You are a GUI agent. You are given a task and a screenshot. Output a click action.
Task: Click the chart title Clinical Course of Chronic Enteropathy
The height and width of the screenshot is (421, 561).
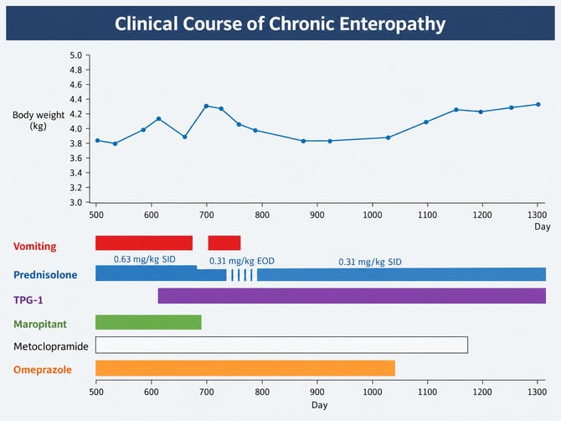280,24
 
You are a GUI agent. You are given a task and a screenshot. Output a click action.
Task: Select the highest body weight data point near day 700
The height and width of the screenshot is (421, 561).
206,106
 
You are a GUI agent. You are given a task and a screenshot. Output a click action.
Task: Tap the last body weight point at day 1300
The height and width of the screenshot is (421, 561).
538,105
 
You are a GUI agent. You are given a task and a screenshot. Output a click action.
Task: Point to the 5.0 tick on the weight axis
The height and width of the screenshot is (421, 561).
76,55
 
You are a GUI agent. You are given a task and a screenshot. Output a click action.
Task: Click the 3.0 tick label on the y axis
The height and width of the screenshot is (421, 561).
76,202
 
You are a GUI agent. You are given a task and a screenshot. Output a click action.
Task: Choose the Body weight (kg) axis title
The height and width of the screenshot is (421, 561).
39,121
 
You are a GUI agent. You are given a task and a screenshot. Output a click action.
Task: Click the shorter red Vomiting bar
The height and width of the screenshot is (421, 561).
224,243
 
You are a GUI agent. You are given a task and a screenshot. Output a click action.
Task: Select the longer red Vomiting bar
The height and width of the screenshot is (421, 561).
144,243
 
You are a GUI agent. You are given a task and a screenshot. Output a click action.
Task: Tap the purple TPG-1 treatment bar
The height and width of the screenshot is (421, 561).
352,295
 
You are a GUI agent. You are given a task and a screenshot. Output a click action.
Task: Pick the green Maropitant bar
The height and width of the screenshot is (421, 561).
148,323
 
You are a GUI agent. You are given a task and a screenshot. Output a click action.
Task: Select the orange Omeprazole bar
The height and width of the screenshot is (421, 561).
245,368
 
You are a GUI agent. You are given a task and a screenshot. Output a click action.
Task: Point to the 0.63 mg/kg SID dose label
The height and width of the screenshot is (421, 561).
145,259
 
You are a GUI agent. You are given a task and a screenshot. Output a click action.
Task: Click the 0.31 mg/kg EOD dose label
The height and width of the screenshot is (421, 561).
242,261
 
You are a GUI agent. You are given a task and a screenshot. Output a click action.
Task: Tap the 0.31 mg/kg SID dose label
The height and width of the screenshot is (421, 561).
370,262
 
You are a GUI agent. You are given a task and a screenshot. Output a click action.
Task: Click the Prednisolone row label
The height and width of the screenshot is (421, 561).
45,275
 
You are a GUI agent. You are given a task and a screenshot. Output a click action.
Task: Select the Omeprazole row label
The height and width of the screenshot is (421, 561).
43,370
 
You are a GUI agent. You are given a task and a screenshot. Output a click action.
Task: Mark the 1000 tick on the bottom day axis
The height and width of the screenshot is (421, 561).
373,392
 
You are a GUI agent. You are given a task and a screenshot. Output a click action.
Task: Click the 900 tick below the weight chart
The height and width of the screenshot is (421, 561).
317,215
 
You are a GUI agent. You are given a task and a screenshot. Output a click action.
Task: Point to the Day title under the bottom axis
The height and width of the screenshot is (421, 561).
319,405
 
